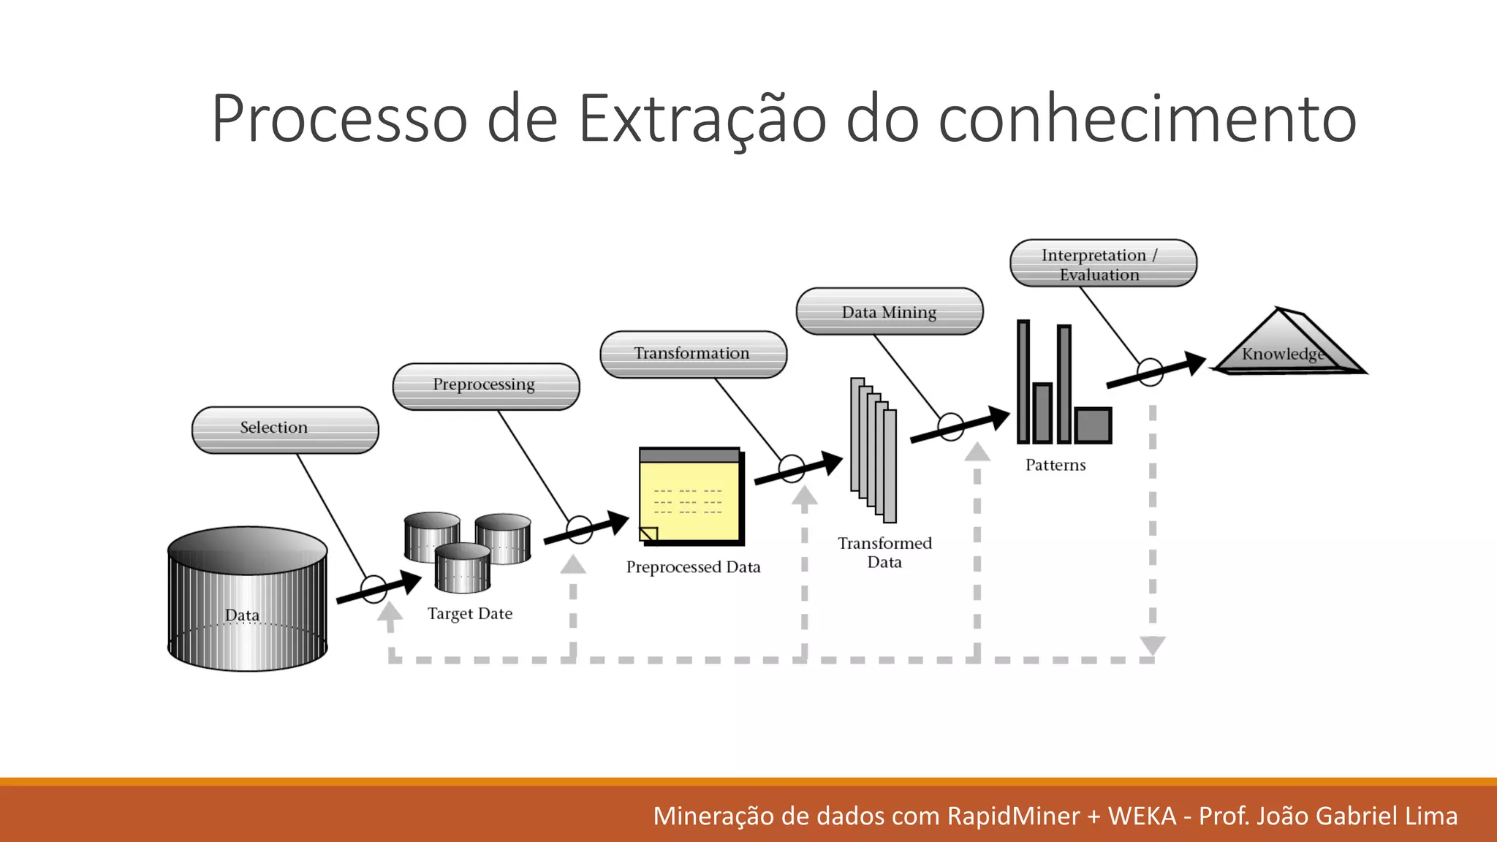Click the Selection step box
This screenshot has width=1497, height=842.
coord(285,430)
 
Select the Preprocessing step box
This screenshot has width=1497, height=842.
coord(486,386)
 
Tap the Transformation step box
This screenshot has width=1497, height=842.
coord(693,354)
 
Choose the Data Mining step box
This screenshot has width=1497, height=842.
coord(890,311)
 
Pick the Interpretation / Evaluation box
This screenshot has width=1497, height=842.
coord(1103,263)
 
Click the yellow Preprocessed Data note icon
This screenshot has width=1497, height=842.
coord(691,496)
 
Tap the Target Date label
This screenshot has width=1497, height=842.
coord(470,614)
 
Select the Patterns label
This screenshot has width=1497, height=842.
coord(1056,466)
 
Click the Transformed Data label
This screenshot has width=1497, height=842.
coord(884,553)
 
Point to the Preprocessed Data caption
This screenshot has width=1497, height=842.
coord(693,567)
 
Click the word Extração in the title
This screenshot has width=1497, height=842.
coord(702,119)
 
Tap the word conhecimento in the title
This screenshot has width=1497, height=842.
coord(1147,119)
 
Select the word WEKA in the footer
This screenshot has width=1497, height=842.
coord(1142,816)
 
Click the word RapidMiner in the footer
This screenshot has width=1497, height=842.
coord(1013,816)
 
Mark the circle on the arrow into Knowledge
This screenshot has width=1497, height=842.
coord(1150,372)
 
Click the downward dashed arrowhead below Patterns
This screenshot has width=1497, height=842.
coord(1153,645)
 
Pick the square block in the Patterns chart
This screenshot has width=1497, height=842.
coord(1093,425)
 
